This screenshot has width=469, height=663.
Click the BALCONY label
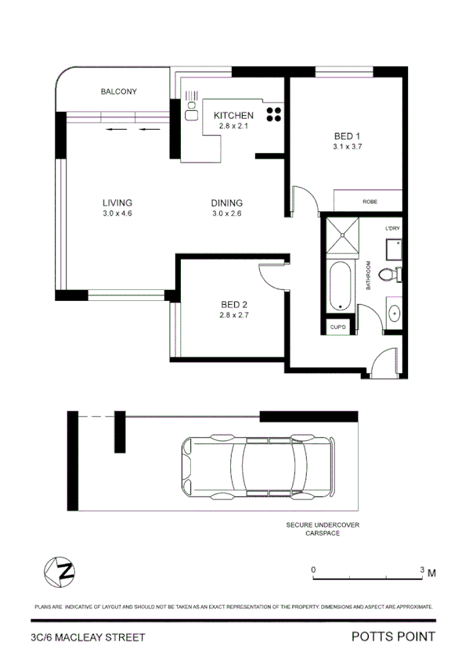118,91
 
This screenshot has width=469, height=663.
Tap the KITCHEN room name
233,116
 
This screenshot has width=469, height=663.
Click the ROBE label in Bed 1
370,202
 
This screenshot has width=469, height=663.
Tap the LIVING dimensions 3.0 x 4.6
117,213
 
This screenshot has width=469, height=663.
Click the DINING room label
227,202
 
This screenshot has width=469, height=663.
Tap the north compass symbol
60,569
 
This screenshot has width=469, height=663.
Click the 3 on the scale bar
422,570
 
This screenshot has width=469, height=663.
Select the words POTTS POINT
392,637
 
